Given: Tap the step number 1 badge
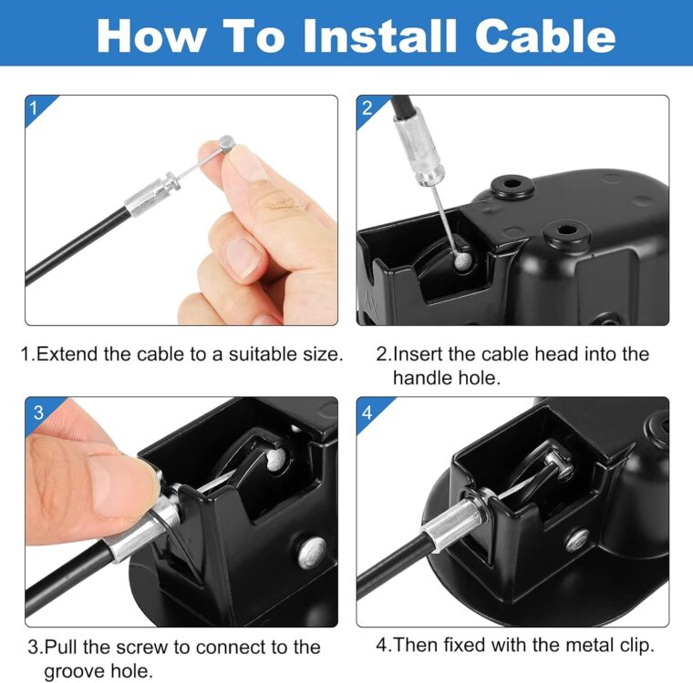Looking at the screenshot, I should [x=35, y=108].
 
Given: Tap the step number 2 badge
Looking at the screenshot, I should [x=367, y=108].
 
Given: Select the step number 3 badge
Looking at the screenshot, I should [x=37, y=413].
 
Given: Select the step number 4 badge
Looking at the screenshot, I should [x=367, y=413].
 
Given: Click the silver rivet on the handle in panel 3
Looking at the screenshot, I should [x=311, y=549].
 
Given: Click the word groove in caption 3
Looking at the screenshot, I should [x=77, y=672].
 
